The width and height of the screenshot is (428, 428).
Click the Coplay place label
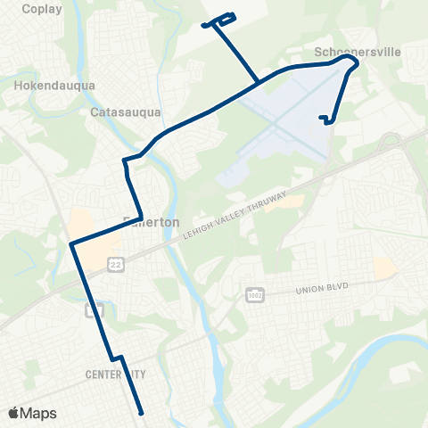(x=32, y=10)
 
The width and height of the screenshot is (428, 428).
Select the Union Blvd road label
(x=319, y=287)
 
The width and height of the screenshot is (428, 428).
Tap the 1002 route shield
(x=255, y=295)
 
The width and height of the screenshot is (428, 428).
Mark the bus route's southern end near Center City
(x=142, y=413)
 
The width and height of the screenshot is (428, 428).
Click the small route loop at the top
(x=220, y=20)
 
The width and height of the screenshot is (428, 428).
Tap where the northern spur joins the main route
(x=259, y=83)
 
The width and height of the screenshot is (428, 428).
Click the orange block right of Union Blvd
(x=385, y=267)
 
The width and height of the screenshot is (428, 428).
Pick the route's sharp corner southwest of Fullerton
(x=70, y=243)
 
